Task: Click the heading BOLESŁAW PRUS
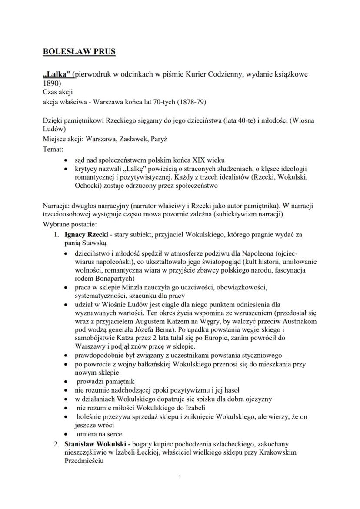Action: (x=79, y=52)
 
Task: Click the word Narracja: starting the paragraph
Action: (x=57, y=205)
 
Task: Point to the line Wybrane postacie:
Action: (x=69, y=224)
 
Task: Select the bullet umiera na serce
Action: (x=99, y=434)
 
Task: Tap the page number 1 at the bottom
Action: (x=180, y=478)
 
